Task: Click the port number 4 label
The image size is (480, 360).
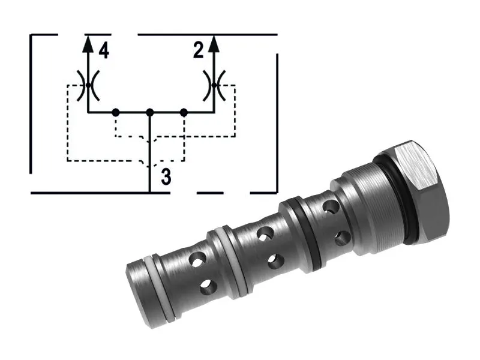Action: tap(104, 51)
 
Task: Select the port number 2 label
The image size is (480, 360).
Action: tap(199, 51)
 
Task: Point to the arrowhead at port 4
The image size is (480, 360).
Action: tap(88, 42)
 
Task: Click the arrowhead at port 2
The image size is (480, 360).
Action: tap(214, 42)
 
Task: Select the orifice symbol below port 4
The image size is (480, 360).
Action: tap(88, 85)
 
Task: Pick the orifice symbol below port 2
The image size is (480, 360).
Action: tap(214, 85)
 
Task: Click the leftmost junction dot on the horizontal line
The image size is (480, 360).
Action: tap(115, 112)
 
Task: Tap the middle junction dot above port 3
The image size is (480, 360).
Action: tap(150, 112)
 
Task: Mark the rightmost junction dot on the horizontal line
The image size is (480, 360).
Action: tap(184, 112)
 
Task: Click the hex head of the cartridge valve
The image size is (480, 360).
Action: tap(420, 192)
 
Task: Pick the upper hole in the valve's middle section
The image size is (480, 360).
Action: tap(262, 232)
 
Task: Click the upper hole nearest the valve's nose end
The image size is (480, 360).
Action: tap(196, 259)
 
